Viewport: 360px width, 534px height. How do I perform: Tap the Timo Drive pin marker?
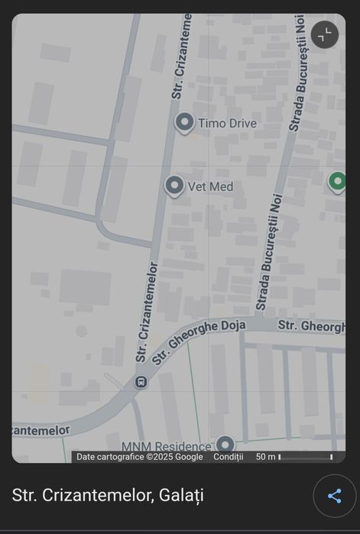[x=183, y=122]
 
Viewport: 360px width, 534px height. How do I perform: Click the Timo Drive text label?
[x=227, y=123]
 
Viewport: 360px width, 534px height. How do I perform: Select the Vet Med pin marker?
[x=175, y=186]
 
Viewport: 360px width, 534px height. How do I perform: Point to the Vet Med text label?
[x=210, y=186]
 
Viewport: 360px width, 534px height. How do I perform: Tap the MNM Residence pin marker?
[x=225, y=444]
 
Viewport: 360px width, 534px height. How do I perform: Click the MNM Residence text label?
[x=166, y=446]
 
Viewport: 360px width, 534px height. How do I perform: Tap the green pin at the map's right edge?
[x=337, y=182]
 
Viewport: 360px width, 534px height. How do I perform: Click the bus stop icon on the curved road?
[x=141, y=381]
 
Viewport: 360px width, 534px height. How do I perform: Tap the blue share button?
[x=334, y=496]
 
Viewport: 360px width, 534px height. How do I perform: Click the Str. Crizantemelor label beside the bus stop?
[x=148, y=312]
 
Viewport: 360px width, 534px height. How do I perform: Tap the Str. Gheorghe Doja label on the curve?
[x=199, y=341]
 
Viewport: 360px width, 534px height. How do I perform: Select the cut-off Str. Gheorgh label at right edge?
[x=311, y=325]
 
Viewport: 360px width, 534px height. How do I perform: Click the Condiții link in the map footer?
[x=228, y=457]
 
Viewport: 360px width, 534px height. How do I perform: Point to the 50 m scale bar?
[x=305, y=457]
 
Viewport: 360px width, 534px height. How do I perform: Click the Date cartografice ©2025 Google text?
[x=139, y=457]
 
